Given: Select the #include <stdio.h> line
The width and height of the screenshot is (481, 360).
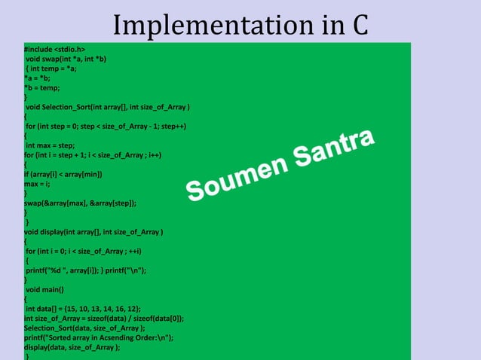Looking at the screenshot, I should tap(54, 49).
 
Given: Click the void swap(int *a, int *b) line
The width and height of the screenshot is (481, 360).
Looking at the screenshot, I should tap(66, 58).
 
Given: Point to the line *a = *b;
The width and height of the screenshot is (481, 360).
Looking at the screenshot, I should tap(39, 78).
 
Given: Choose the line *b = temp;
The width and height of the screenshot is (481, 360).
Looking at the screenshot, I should tap(44, 87).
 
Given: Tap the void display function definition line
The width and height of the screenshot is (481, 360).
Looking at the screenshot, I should tap(94, 232).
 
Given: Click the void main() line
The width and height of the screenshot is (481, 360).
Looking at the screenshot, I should tap(45, 289).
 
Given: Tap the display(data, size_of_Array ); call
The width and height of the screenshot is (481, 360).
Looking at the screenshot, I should tap(72, 347).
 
